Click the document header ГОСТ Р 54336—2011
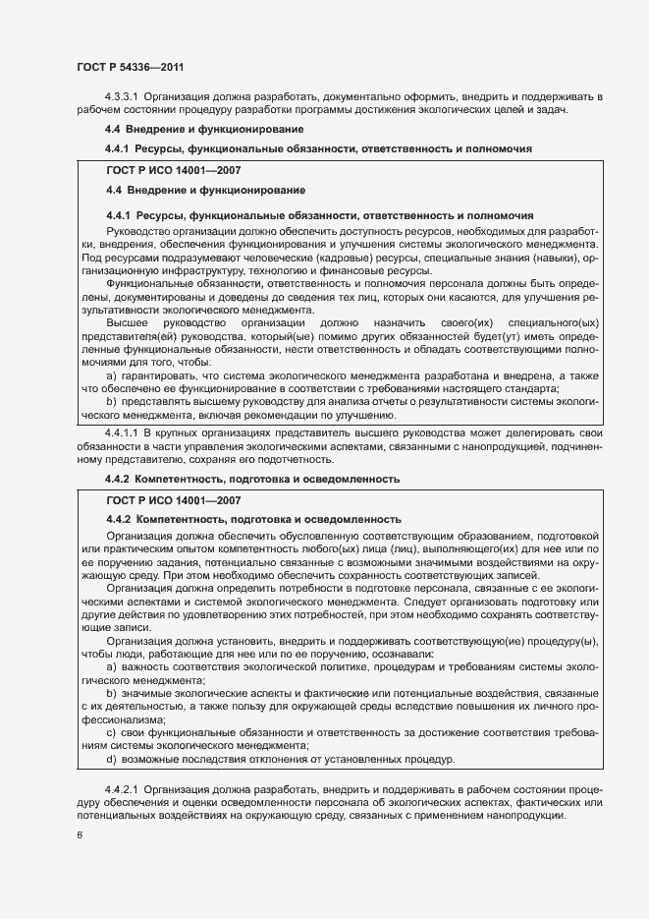pyautogui.click(x=130, y=68)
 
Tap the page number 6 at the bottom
pyautogui.click(x=80, y=835)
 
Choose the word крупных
pyautogui.click(x=182, y=432)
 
